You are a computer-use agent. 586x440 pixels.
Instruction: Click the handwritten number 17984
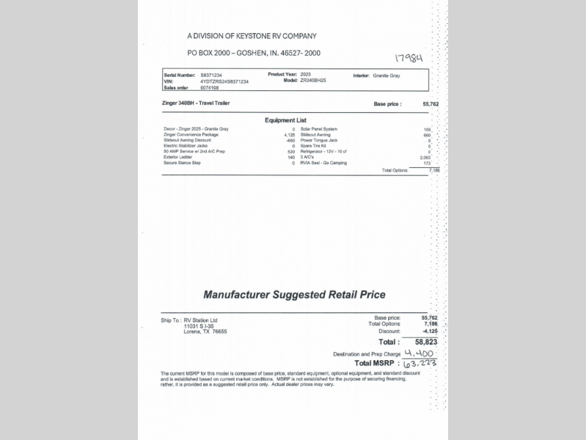point(409,57)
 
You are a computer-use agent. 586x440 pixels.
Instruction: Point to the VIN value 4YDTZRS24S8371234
point(224,81)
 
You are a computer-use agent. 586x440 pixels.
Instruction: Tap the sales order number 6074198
point(210,87)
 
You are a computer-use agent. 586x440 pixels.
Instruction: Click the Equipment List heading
point(285,120)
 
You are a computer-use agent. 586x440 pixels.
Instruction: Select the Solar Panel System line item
point(319,129)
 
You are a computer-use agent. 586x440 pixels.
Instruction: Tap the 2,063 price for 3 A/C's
point(425,157)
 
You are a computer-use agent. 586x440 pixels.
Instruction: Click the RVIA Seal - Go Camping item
point(323,163)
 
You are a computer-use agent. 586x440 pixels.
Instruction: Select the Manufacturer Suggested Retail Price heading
point(294,295)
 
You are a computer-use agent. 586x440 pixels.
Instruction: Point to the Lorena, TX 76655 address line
point(205,331)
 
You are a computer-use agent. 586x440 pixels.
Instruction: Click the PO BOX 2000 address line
point(254,53)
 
